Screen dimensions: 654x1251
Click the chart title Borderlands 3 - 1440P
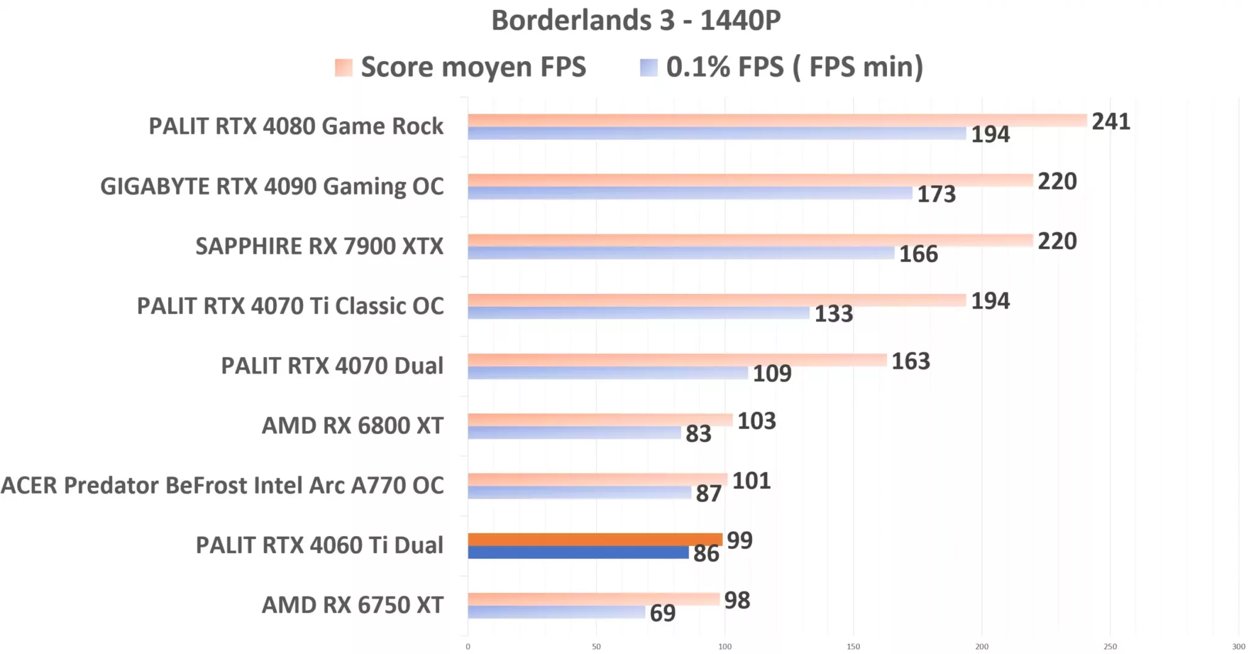tap(636, 20)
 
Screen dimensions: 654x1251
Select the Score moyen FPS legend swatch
tap(343, 67)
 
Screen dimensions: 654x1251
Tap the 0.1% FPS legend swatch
tap(648, 67)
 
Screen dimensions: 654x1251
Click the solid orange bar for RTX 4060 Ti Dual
tap(595, 539)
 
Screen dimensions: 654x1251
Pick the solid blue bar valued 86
tap(578, 553)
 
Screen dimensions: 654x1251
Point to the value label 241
tap(1111, 122)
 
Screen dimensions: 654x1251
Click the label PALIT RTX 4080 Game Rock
tap(296, 126)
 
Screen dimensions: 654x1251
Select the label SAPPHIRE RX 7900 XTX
tap(319, 246)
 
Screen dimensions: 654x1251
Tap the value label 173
tap(936, 194)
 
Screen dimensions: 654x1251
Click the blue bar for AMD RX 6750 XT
tap(556, 612)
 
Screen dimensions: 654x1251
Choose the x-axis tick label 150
tap(853, 647)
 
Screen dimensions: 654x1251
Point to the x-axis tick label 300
tap(1238, 647)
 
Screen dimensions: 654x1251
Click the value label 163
tap(910, 361)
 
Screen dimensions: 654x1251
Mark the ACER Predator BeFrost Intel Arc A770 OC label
tap(222, 485)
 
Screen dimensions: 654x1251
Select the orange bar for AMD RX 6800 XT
tap(600, 419)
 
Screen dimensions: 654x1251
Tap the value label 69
tap(662, 613)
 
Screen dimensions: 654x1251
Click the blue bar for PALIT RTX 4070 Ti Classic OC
tap(638, 313)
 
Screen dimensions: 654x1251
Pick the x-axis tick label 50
tap(596, 647)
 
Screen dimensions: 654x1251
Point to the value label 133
tap(833, 314)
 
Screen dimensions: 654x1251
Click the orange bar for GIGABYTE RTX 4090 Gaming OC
tap(750, 180)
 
